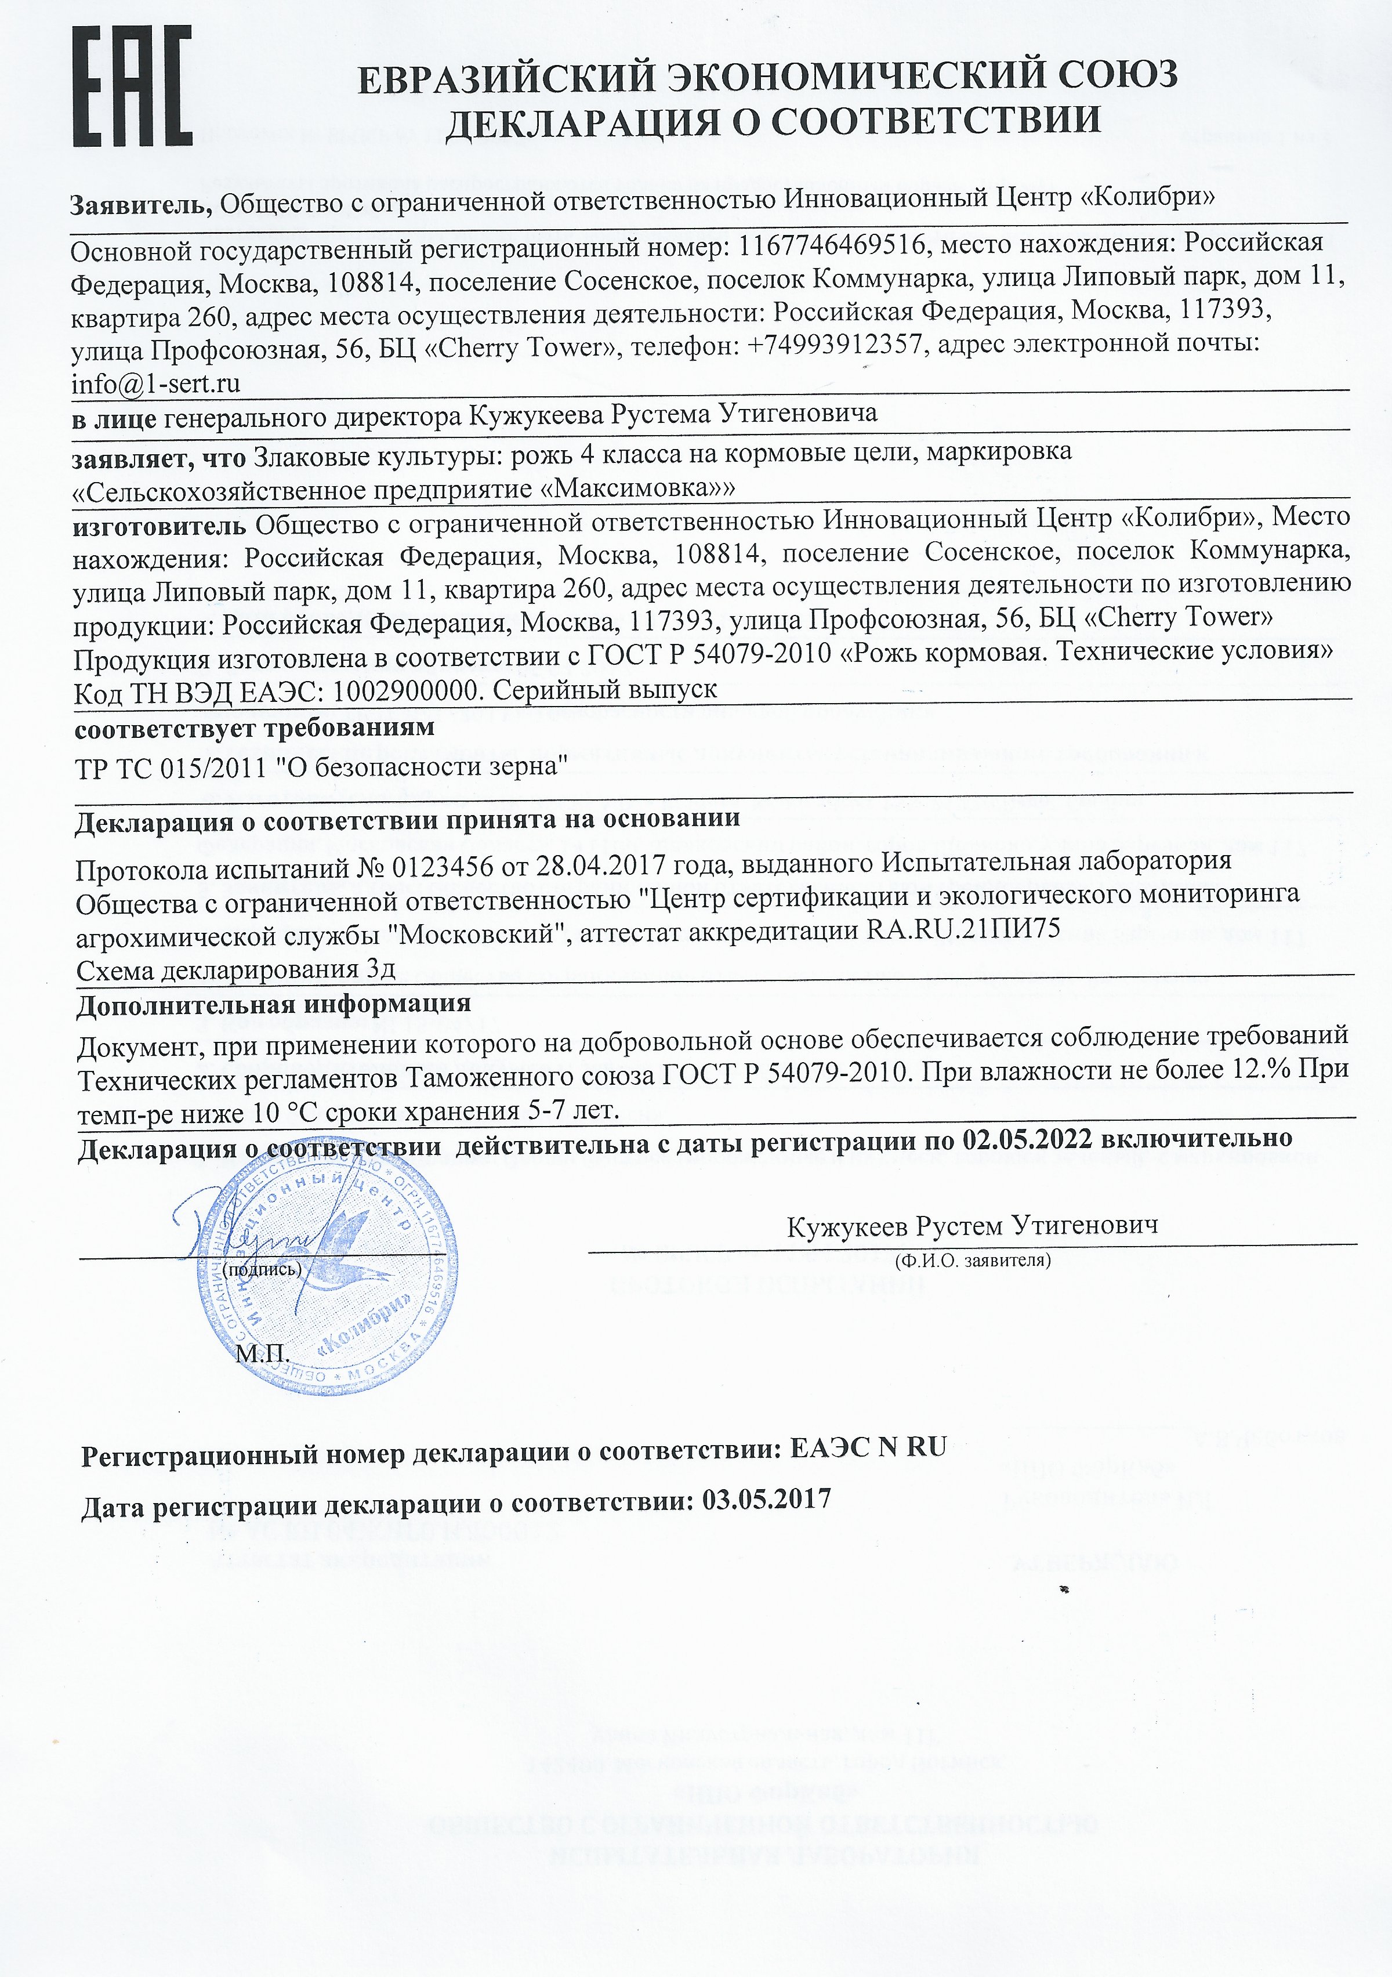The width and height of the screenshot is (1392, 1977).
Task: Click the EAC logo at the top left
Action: [132, 86]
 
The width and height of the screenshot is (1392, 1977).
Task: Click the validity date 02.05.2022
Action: [1028, 1139]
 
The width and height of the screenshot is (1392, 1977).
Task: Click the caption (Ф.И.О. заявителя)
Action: [973, 1261]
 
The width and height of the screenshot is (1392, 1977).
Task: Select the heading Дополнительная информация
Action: [274, 1005]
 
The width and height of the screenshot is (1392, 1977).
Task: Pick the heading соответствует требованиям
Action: [255, 729]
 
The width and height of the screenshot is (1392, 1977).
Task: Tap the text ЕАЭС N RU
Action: [868, 1447]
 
